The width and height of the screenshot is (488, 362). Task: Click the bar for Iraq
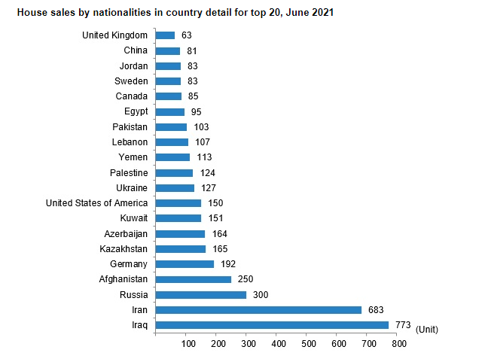(272, 325)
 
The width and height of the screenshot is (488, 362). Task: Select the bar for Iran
(258, 310)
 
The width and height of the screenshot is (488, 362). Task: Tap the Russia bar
(200, 295)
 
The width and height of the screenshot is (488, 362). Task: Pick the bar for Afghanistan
(193, 279)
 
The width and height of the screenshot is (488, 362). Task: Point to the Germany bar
(185, 264)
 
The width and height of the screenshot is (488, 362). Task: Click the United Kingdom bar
(165, 35)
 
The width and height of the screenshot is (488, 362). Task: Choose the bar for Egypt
(169, 111)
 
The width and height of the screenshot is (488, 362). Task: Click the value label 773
(403, 325)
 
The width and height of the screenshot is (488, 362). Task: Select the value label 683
(376, 310)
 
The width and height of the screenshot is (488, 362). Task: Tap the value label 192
(228, 264)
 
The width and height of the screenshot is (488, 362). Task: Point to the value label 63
(187, 35)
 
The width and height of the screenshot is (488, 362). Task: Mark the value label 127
(209, 188)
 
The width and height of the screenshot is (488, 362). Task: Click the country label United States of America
(96, 203)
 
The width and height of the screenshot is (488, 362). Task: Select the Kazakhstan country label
(124, 249)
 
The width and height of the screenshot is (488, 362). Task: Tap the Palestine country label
(128, 173)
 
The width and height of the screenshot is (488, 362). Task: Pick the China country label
(136, 50)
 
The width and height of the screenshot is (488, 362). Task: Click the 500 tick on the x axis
(308, 344)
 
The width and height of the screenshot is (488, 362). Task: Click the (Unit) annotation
(426, 330)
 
